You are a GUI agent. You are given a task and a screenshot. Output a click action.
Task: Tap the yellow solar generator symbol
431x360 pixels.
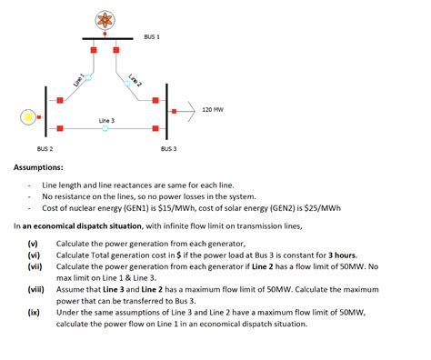click(x=29, y=117)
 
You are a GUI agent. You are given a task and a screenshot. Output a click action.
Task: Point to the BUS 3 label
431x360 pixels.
click(x=168, y=148)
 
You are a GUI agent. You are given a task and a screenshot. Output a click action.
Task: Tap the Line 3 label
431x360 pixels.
click(x=106, y=120)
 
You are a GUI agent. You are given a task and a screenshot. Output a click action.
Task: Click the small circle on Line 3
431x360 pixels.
click(x=105, y=129)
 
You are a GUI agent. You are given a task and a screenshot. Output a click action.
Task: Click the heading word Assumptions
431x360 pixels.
click(x=38, y=167)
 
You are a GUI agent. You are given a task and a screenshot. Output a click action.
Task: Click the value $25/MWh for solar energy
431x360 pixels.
click(x=322, y=207)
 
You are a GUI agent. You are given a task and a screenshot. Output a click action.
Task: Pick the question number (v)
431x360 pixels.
click(x=33, y=244)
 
